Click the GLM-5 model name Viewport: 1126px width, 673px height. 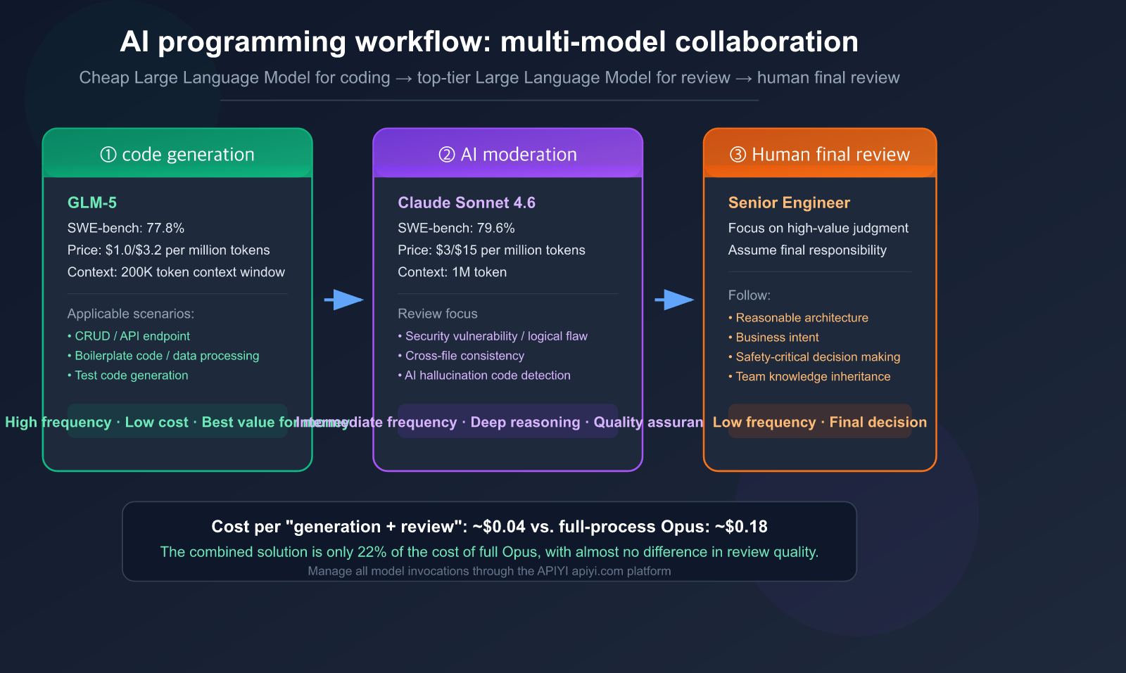click(x=92, y=203)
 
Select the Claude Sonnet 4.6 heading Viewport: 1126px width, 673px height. click(x=467, y=203)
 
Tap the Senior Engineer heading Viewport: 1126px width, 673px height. click(x=789, y=203)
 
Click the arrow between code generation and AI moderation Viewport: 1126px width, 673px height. click(x=343, y=300)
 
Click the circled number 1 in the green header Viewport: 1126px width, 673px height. click(x=108, y=155)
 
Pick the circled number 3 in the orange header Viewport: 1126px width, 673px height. click(x=738, y=155)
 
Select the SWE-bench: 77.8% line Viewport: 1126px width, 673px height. click(x=126, y=228)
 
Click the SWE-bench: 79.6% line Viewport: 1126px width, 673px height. click(x=456, y=228)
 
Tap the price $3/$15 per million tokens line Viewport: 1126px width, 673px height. click(x=491, y=250)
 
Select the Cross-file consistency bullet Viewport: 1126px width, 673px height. click(x=464, y=356)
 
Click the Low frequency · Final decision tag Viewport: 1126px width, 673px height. click(x=819, y=422)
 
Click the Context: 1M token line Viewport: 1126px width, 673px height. click(x=452, y=272)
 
